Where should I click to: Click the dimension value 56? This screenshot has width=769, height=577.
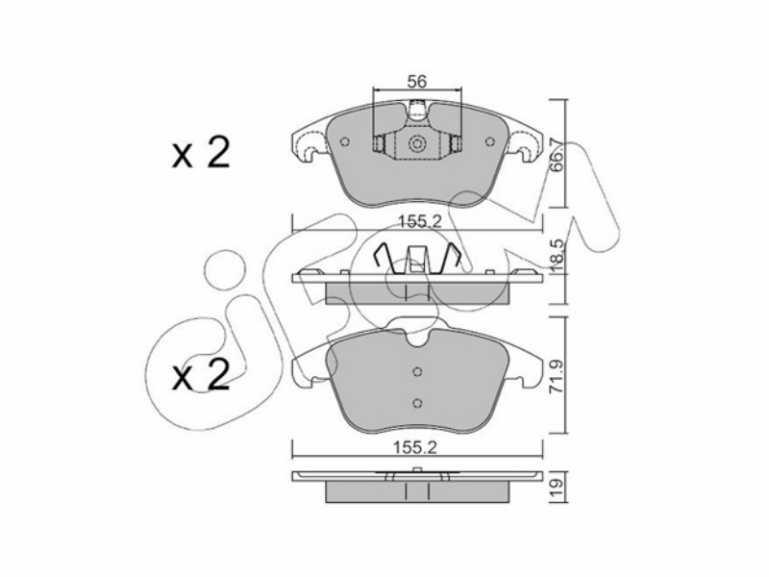[x=417, y=82]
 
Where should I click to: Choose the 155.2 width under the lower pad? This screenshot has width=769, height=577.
[x=415, y=447]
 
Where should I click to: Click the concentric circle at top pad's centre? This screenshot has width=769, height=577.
[x=417, y=143]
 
